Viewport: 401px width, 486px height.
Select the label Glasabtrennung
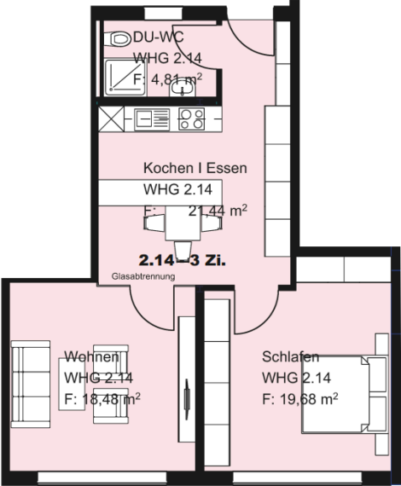143,277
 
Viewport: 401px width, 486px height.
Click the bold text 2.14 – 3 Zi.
182,260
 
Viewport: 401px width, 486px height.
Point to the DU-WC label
159,36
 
